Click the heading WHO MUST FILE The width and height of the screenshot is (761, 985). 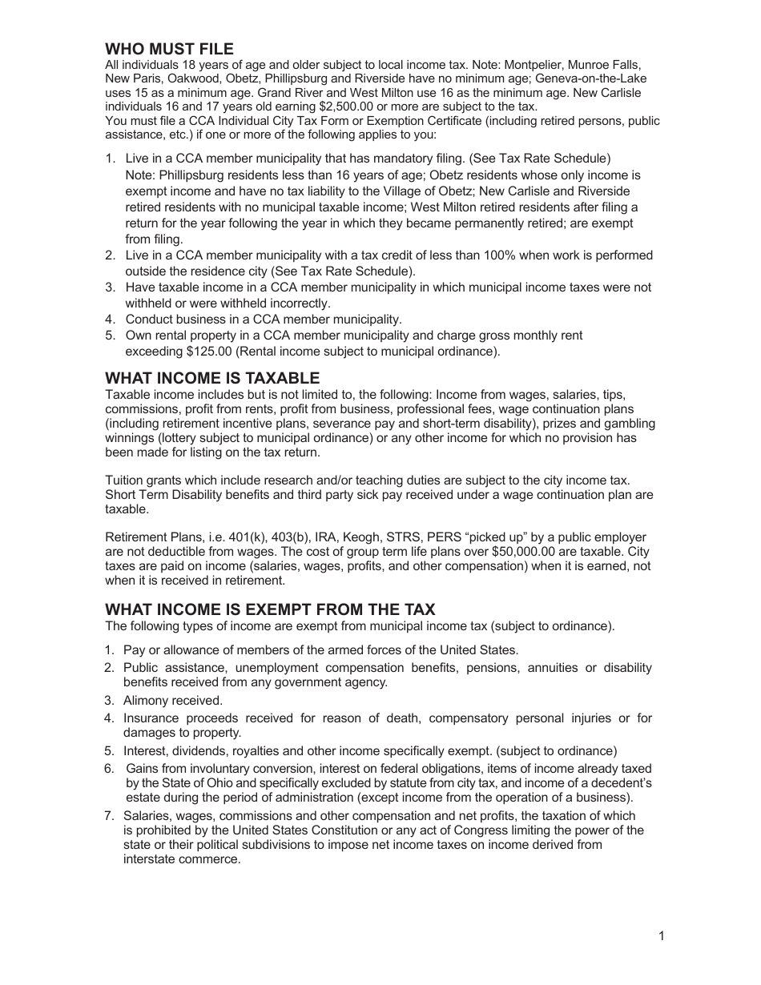pos(170,50)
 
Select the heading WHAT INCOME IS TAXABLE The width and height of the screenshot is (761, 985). pos(212,378)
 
